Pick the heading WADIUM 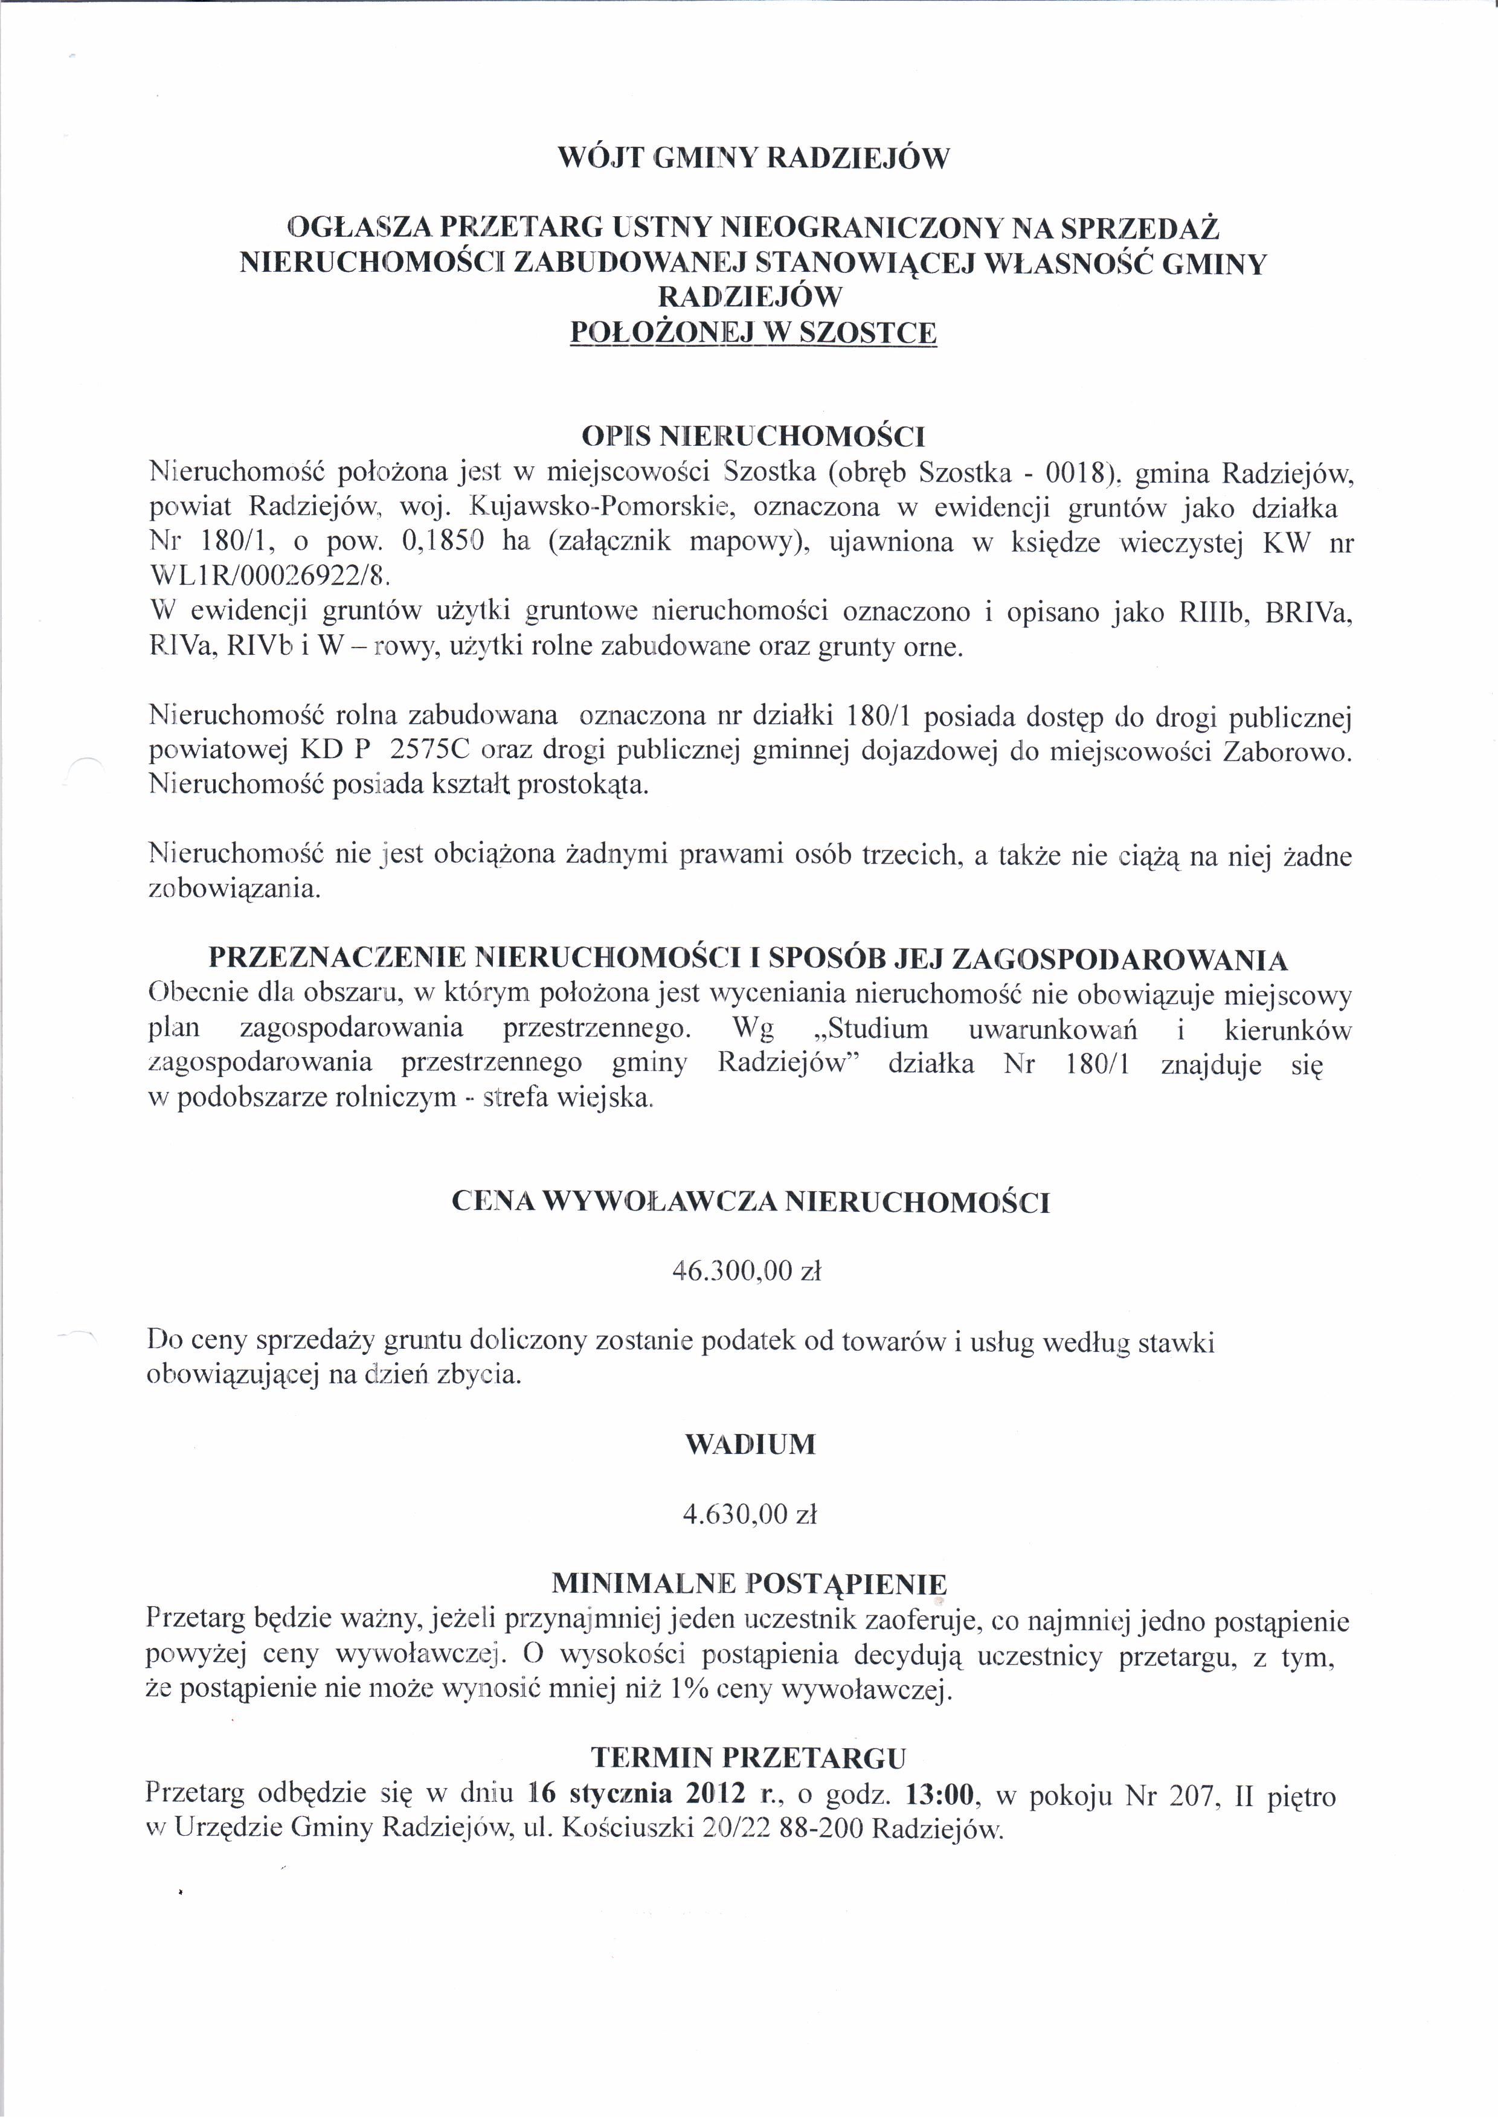[750, 1444]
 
